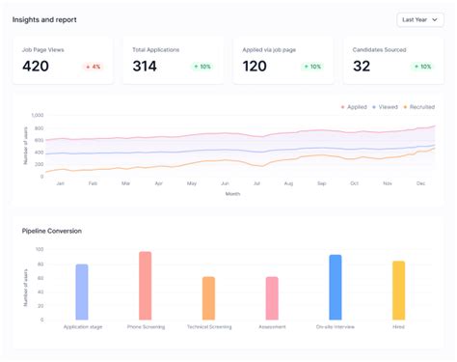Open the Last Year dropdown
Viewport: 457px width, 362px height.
(x=420, y=19)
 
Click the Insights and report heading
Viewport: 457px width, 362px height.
(x=44, y=19)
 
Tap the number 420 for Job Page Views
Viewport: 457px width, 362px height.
(x=36, y=67)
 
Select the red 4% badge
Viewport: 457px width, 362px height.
(x=93, y=67)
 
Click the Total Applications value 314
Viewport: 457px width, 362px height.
(x=145, y=67)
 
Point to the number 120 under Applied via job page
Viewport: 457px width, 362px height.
(x=255, y=67)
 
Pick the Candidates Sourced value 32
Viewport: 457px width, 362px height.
(x=362, y=67)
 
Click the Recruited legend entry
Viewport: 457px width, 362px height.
(x=418, y=107)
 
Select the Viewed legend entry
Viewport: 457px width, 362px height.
(x=385, y=107)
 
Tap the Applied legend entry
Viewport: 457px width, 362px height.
(x=353, y=107)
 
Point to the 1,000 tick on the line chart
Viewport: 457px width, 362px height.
(x=38, y=116)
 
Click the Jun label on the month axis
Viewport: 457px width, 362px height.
(x=225, y=183)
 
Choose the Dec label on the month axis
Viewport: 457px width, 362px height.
(x=420, y=183)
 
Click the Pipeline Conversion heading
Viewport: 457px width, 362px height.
(x=52, y=231)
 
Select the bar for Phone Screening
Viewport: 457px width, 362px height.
(x=146, y=286)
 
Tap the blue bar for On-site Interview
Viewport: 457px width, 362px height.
(x=335, y=287)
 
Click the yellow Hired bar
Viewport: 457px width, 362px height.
(x=398, y=290)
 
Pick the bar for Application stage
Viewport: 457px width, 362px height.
(x=82, y=292)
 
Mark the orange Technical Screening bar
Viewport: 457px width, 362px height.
(x=208, y=298)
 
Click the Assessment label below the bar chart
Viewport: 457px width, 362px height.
(x=272, y=327)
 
